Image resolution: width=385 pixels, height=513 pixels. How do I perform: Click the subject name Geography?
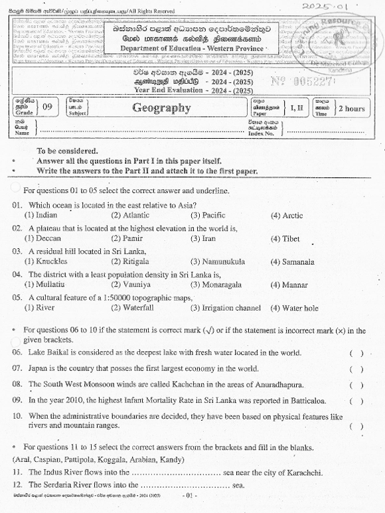(161, 108)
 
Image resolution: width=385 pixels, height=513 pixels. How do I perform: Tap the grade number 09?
(47, 107)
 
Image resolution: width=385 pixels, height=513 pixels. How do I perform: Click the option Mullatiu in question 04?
(40, 285)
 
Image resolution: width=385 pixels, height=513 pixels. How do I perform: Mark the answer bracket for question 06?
(356, 353)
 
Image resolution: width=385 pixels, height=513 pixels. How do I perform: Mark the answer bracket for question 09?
(356, 402)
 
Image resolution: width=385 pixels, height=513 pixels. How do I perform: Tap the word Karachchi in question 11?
(302, 473)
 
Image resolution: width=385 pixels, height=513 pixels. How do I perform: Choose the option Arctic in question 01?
(287, 216)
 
